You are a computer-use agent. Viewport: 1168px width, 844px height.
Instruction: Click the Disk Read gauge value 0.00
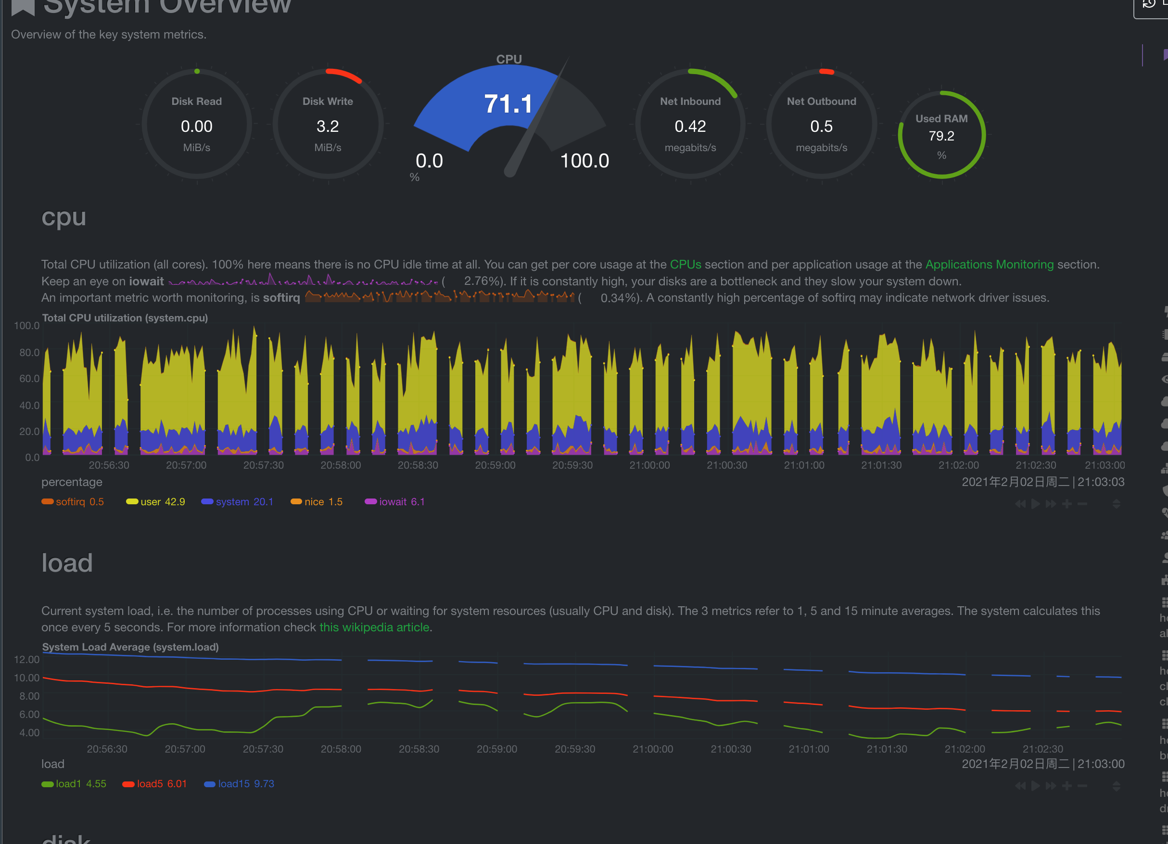pos(196,126)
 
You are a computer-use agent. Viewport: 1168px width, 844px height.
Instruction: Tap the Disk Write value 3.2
pos(328,126)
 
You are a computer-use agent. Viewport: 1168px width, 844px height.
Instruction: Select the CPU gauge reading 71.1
pos(508,103)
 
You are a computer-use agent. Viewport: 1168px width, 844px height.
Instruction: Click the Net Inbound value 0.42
pos(690,126)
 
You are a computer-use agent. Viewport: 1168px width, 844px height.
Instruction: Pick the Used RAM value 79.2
pos(941,136)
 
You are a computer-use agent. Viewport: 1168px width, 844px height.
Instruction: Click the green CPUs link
pos(685,264)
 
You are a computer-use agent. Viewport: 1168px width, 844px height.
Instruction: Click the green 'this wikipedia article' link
pos(374,627)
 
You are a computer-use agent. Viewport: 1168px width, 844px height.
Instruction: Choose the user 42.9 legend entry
pos(155,501)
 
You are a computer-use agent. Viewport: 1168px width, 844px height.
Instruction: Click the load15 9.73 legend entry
pos(240,783)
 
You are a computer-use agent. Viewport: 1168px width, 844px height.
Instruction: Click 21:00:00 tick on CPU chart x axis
pos(649,465)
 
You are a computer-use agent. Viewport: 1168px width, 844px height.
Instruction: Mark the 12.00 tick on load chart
pos(27,659)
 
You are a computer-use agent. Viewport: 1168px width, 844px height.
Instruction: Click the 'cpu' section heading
pos(63,217)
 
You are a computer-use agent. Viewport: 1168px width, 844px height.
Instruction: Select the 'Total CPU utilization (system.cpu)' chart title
pos(125,318)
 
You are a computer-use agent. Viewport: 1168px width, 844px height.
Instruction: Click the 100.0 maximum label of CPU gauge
pos(584,161)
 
